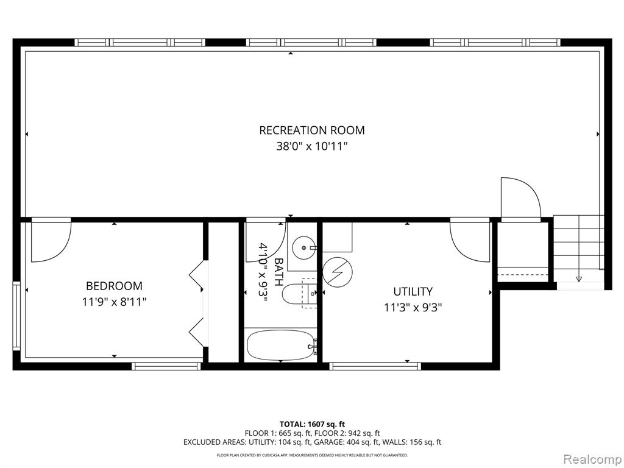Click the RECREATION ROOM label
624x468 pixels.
(x=311, y=130)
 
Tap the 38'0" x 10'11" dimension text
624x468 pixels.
(x=312, y=146)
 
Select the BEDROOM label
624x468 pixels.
(x=114, y=286)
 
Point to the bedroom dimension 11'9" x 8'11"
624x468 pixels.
(x=114, y=302)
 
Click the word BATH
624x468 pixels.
(x=279, y=272)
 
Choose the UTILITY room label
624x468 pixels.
(x=413, y=292)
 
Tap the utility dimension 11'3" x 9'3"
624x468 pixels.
(x=413, y=308)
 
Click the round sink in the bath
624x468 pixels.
(x=304, y=247)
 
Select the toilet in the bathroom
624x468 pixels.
(x=299, y=294)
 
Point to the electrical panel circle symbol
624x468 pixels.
(x=337, y=272)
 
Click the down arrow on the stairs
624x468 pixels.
(x=579, y=278)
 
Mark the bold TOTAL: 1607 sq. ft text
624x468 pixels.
(x=309, y=424)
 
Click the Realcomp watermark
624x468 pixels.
(x=592, y=459)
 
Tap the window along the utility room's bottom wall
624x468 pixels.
(x=375, y=366)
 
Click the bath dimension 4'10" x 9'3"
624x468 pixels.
(x=263, y=272)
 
